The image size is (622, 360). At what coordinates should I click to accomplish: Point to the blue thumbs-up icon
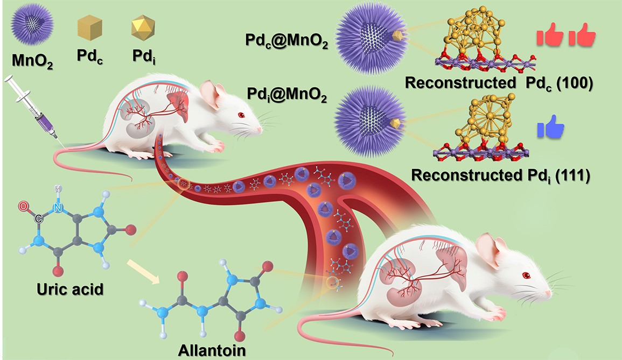(550, 130)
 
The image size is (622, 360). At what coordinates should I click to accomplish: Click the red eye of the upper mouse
(241, 115)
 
